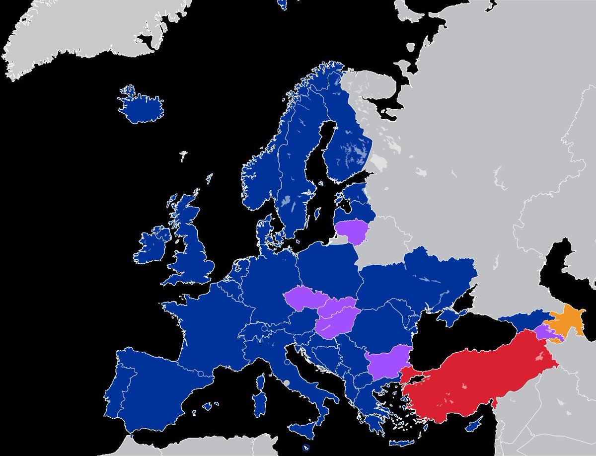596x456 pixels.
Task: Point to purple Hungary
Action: [335, 323]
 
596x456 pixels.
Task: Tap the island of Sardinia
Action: [258, 403]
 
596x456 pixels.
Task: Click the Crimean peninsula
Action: [450, 316]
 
